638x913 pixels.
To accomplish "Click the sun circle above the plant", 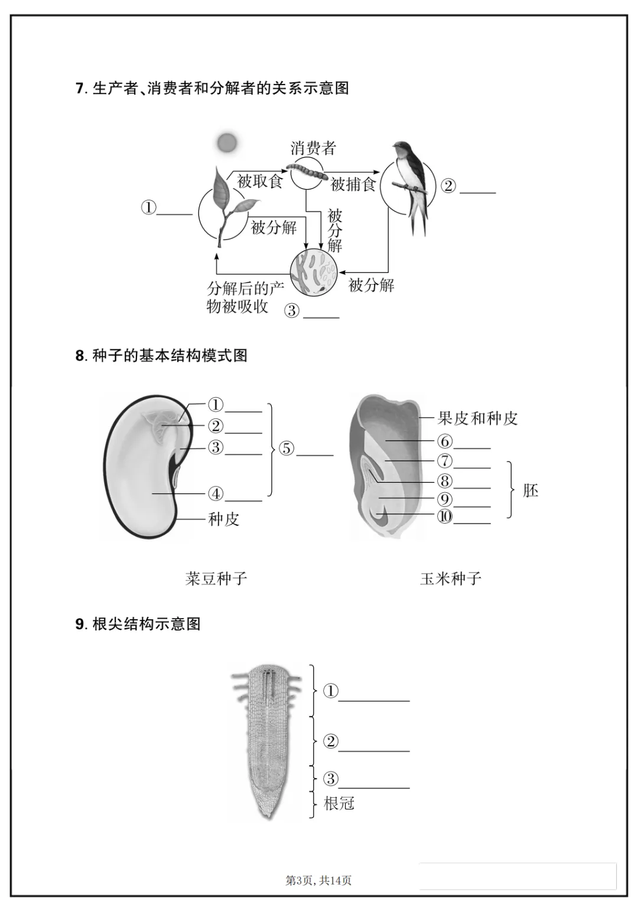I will pos(227,142).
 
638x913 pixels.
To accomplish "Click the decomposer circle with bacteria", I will pos(314,272).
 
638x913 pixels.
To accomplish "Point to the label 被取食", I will pos(260,181).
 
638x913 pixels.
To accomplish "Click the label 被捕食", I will pos(353,184).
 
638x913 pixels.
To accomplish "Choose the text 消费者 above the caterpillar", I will pos(313,148).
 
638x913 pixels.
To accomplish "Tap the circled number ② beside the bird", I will pos(448,186).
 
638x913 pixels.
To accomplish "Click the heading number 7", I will pos(80,89).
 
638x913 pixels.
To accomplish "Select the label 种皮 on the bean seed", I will pos(224,519).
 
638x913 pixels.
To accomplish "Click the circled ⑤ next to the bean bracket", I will pos(287,448).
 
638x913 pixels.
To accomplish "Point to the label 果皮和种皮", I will pos(477,418).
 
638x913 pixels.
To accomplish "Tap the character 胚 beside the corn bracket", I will pos(530,490).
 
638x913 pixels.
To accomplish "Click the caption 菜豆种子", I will pos(216,578).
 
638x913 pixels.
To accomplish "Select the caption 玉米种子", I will pos(451,578).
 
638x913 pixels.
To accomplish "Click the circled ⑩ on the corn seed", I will pos(444,516).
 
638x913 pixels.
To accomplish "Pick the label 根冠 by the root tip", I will pos(339,803).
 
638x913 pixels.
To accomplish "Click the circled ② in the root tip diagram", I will pos(331,741).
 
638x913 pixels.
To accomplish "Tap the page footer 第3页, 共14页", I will pos(318,880).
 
